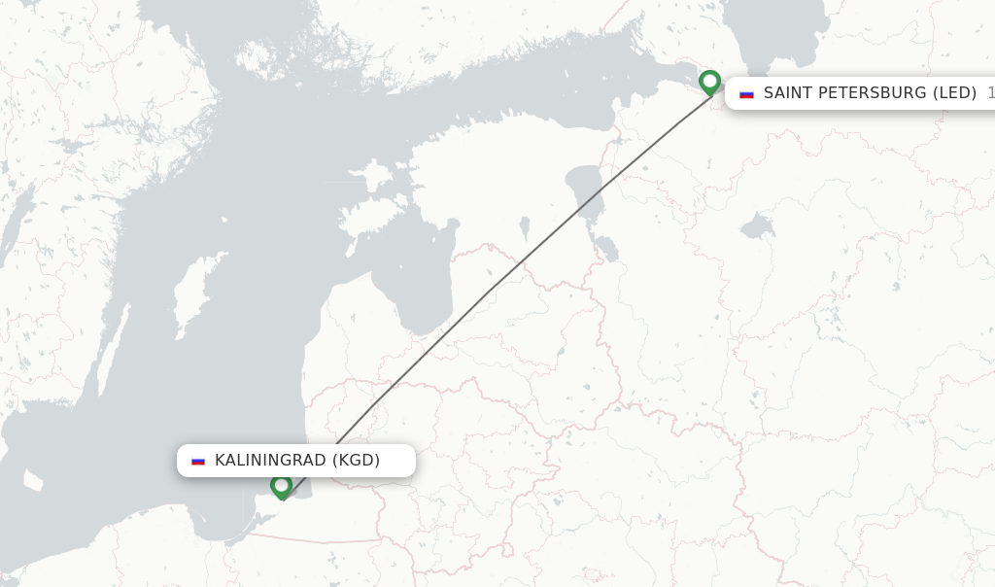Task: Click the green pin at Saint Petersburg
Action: [x=709, y=83]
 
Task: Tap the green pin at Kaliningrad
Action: [x=282, y=485]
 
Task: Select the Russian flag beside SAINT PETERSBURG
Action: [x=746, y=93]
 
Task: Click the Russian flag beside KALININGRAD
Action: [x=198, y=461]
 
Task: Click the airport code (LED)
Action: [x=954, y=93]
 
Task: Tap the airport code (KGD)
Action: [x=356, y=461]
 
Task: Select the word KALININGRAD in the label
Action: [x=270, y=461]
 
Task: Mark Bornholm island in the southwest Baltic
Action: [x=34, y=481]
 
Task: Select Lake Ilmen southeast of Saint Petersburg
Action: [x=757, y=227]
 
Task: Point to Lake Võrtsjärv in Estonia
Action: [x=525, y=227]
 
